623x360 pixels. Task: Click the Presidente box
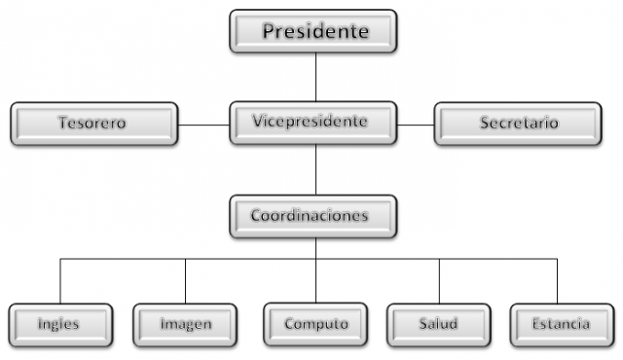click(313, 31)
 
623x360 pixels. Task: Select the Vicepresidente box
click(313, 124)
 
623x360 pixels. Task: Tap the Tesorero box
click(93, 125)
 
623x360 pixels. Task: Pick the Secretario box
click(518, 125)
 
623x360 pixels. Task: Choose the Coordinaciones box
click(313, 217)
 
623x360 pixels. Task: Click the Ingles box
click(59, 323)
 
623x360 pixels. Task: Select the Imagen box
click(185, 323)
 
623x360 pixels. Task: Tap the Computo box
click(315, 323)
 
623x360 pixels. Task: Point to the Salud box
click(439, 323)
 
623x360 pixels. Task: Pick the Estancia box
click(560, 323)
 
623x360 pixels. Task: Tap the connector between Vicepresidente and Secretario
click(417, 125)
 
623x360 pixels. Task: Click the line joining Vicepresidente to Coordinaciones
click(315, 170)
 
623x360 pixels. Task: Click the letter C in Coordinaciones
click(256, 215)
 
